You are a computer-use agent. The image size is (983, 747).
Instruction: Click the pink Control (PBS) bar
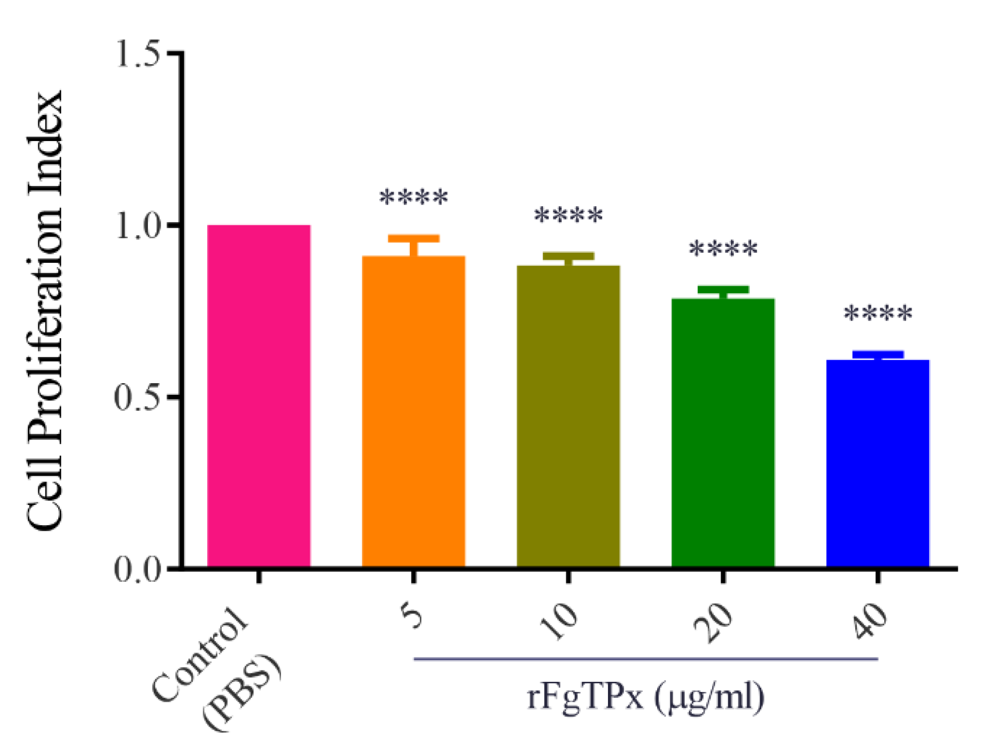259,395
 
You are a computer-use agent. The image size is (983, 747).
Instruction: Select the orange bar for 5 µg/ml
414,411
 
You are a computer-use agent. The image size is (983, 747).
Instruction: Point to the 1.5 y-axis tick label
138,53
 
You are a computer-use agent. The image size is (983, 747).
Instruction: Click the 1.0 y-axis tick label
138,225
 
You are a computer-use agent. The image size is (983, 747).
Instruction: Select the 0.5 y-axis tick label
138,398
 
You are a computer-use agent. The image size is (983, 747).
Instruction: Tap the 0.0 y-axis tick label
138,570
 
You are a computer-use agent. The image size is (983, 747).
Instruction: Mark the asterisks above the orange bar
414,198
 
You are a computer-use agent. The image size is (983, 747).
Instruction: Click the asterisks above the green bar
723,248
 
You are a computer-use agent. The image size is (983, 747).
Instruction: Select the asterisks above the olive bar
568,215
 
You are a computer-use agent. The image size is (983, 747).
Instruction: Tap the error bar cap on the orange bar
414,238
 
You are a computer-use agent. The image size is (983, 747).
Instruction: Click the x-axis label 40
870,621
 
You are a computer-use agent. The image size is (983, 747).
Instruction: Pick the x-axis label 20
714,622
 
